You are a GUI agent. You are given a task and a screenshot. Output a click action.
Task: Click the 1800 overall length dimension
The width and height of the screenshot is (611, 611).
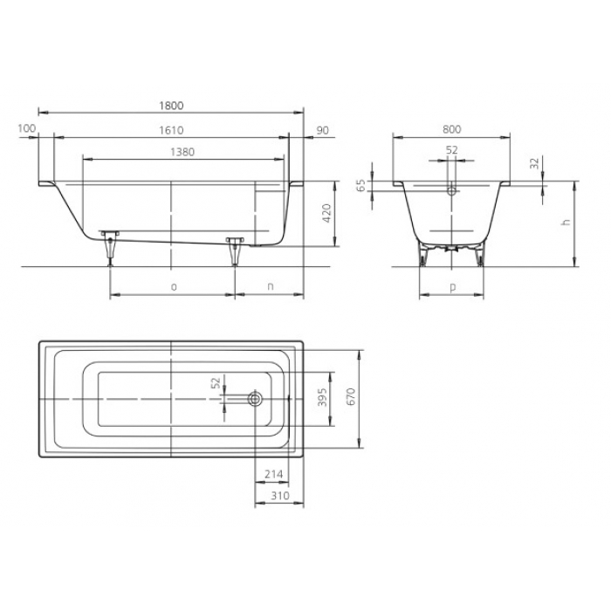pyautogui.click(x=171, y=106)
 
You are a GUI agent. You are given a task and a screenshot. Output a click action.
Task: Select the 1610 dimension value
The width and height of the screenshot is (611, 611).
pyautogui.click(x=171, y=130)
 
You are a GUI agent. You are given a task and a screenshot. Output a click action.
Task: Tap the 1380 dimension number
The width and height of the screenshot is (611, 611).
pyautogui.click(x=182, y=152)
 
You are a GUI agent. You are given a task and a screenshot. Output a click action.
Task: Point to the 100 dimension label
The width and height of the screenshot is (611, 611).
pyautogui.click(x=27, y=128)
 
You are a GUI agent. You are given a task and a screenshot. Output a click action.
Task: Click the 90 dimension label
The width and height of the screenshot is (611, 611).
pyautogui.click(x=323, y=130)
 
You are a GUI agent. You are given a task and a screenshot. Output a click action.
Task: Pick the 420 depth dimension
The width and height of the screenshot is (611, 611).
pyautogui.click(x=327, y=213)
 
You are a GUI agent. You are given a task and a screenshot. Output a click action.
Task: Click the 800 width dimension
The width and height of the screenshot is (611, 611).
pyautogui.click(x=451, y=129)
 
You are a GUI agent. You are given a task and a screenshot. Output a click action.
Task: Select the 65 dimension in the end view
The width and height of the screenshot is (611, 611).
pyautogui.click(x=361, y=185)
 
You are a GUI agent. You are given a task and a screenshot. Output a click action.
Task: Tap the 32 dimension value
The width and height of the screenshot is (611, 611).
pyautogui.click(x=534, y=163)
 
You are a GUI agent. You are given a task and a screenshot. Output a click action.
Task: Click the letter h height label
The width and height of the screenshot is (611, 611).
pyautogui.click(x=566, y=222)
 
